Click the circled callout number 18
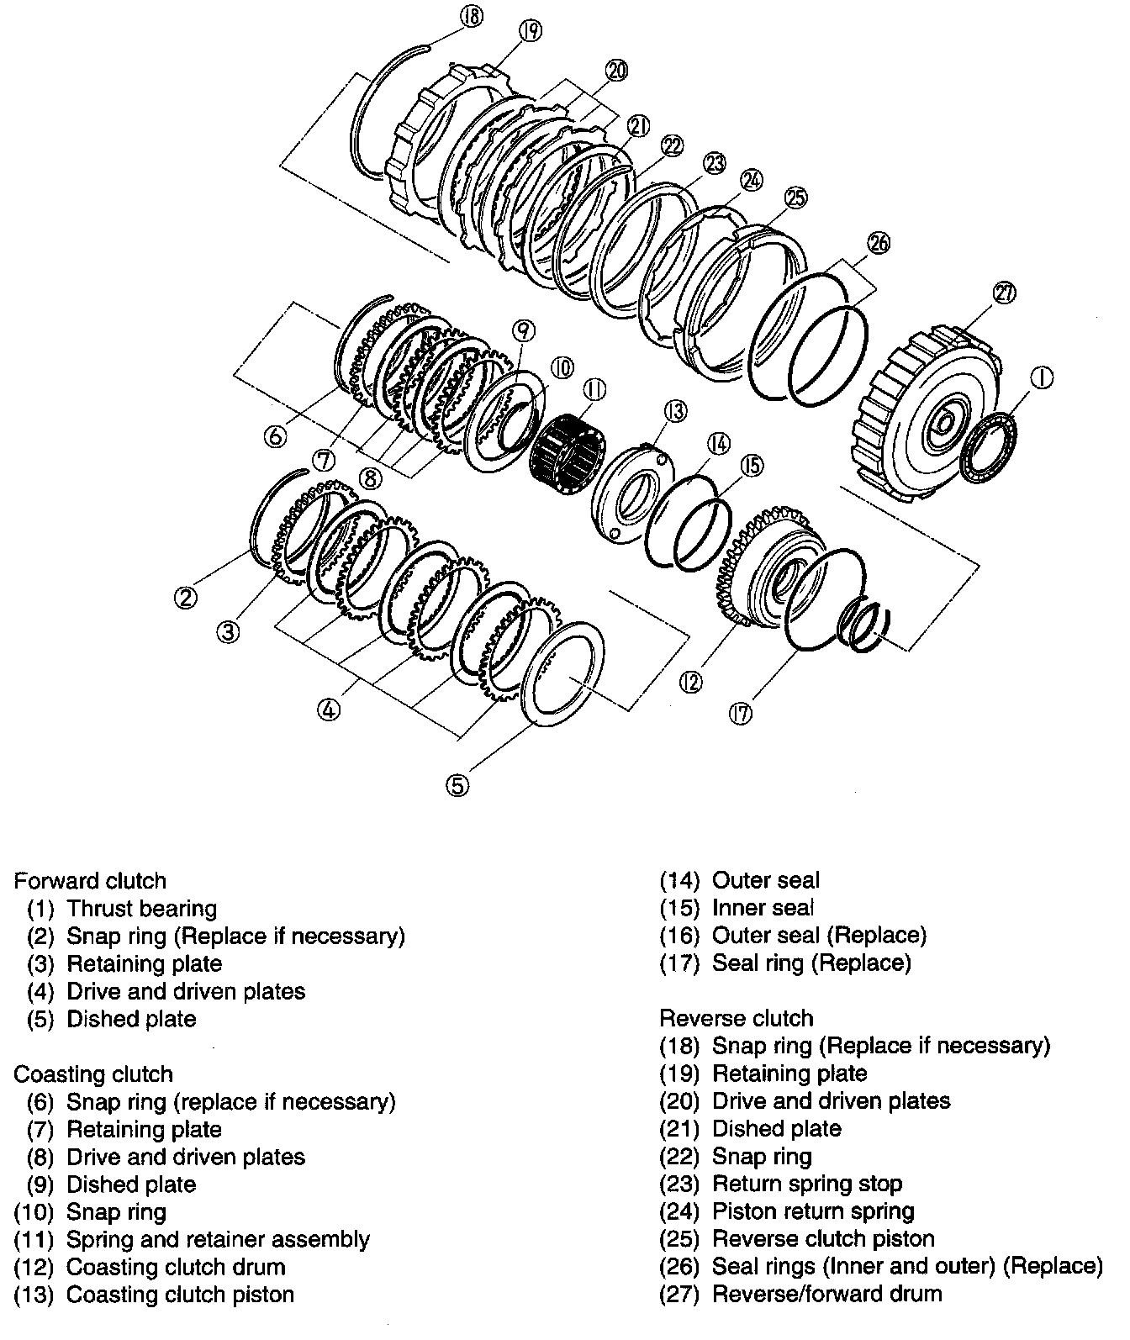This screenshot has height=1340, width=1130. click(473, 16)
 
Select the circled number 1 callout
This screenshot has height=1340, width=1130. click(1041, 379)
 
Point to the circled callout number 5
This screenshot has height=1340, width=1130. click(457, 784)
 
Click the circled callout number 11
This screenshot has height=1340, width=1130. click(595, 390)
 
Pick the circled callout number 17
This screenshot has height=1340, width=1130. click(742, 713)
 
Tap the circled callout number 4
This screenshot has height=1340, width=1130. click(329, 710)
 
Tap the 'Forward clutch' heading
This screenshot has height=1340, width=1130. click(90, 881)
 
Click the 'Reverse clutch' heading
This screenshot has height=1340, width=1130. click(737, 1019)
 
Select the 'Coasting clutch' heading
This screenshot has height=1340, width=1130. click(93, 1074)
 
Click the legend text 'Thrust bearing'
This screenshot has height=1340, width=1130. click(141, 909)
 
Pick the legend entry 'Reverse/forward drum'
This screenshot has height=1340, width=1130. click(826, 1294)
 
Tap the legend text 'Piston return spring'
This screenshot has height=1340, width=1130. click(813, 1211)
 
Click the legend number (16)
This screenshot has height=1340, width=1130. click(679, 936)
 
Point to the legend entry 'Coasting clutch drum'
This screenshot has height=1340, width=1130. click(176, 1267)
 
